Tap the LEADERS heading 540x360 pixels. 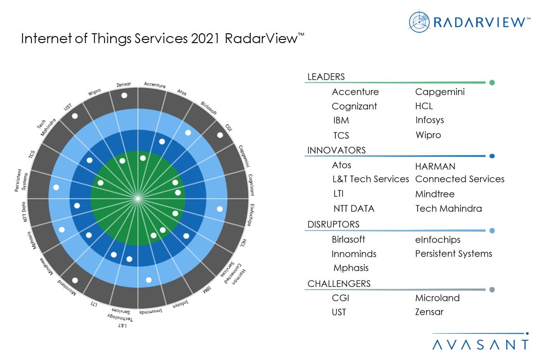[326, 77]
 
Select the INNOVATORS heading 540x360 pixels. [336, 150]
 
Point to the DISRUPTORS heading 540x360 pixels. [333, 225]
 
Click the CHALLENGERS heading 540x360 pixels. [338, 284]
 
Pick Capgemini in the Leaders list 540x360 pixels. [440, 92]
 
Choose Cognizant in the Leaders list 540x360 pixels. [354, 106]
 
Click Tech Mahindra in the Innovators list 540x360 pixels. [448, 209]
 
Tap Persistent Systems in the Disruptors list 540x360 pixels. [453, 254]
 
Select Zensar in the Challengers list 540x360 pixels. [429, 312]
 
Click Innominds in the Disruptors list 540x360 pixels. [353, 254]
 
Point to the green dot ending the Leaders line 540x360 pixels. [492, 83]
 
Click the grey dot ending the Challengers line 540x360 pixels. [492, 290]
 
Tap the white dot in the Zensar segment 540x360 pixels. [124, 95]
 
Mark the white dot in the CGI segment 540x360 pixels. [220, 135]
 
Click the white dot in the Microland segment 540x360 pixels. [75, 280]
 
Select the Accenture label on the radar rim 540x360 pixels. [155, 85]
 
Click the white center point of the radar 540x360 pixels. [137, 199]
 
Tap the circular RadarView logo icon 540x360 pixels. [419, 22]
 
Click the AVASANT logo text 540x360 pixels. [480, 345]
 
